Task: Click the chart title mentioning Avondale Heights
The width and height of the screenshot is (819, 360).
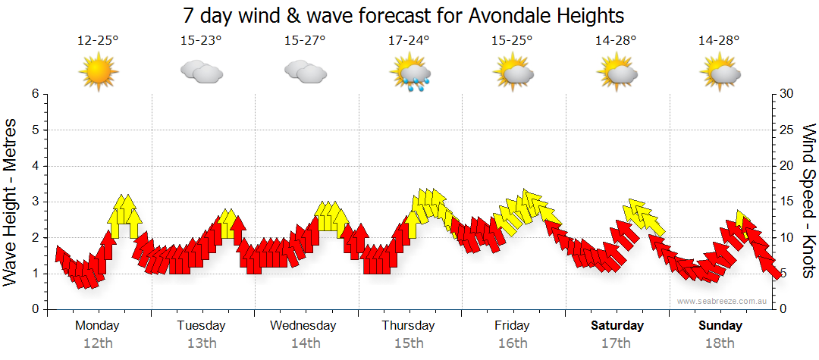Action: pyautogui.click(x=409, y=15)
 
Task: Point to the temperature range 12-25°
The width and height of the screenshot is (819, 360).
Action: pyautogui.click(x=98, y=41)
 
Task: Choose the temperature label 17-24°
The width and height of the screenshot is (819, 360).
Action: pyautogui.click(x=409, y=41)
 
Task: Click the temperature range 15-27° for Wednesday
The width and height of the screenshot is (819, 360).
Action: pyautogui.click(x=305, y=41)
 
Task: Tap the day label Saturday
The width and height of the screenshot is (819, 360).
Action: pyautogui.click(x=617, y=326)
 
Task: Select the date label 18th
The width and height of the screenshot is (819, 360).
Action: pyautogui.click(x=720, y=343)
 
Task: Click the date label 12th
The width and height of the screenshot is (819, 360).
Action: pyautogui.click(x=98, y=343)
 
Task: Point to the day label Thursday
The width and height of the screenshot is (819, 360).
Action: pyautogui.click(x=408, y=326)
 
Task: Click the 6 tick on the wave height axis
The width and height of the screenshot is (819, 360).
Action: pyautogui.click(x=34, y=94)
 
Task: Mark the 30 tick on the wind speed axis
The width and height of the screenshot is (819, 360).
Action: pyautogui.click(x=787, y=94)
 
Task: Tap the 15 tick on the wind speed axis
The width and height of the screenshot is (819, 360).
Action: pyautogui.click(x=787, y=202)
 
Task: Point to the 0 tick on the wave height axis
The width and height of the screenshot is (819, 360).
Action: pyautogui.click(x=34, y=309)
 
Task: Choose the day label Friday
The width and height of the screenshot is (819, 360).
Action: pyautogui.click(x=512, y=326)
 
